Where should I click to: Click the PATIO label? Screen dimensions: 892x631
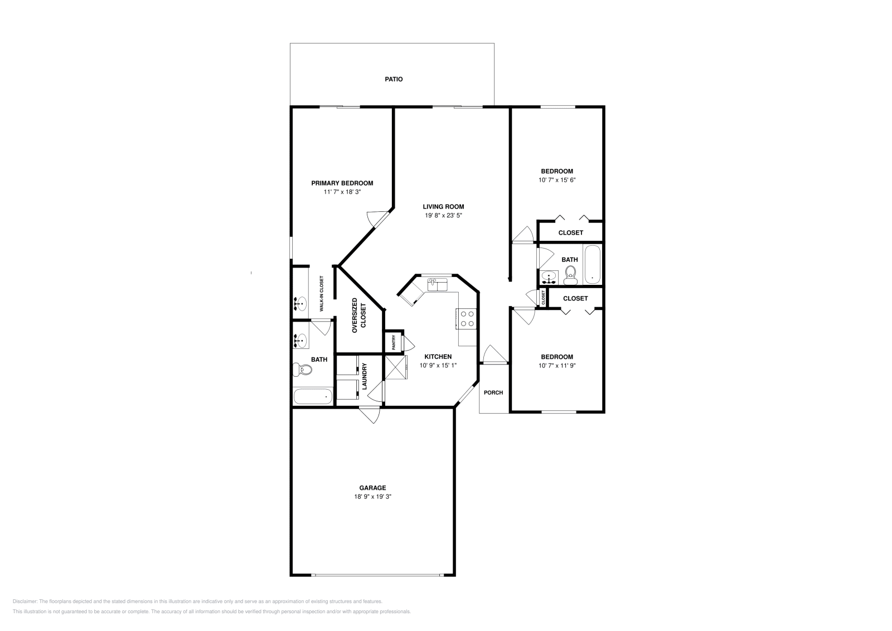tap(394, 79)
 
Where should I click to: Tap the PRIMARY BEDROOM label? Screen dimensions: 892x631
tap(342, 183)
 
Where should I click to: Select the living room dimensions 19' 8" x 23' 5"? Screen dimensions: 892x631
tap(443, 215)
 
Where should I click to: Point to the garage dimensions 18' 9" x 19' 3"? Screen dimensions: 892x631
tap(373, 497)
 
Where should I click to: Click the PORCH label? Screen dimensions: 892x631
tap(493, 392)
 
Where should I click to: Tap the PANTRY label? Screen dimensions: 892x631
tap(394, 342)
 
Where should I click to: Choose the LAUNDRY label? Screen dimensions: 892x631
tap(365, 376)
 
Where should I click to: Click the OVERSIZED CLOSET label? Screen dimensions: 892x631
tap(359, 315)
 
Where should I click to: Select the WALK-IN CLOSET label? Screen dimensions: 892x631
tap(321, 294)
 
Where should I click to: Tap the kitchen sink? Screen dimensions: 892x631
tap(437, 285)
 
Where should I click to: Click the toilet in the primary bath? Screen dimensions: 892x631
tap(303, 370)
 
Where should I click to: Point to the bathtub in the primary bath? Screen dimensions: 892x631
tap(313, 396)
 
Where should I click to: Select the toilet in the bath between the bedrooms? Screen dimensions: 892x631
tap(571, 275)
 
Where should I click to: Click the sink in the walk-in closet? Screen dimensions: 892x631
tap(300, 304)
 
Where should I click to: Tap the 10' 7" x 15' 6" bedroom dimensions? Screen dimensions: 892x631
tap(557, 180)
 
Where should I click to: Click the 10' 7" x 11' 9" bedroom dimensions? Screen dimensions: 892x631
tap(557, 366)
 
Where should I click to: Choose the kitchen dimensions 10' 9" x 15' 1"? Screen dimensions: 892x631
tap(438, 366)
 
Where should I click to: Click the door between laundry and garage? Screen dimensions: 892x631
tap(370, 414)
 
